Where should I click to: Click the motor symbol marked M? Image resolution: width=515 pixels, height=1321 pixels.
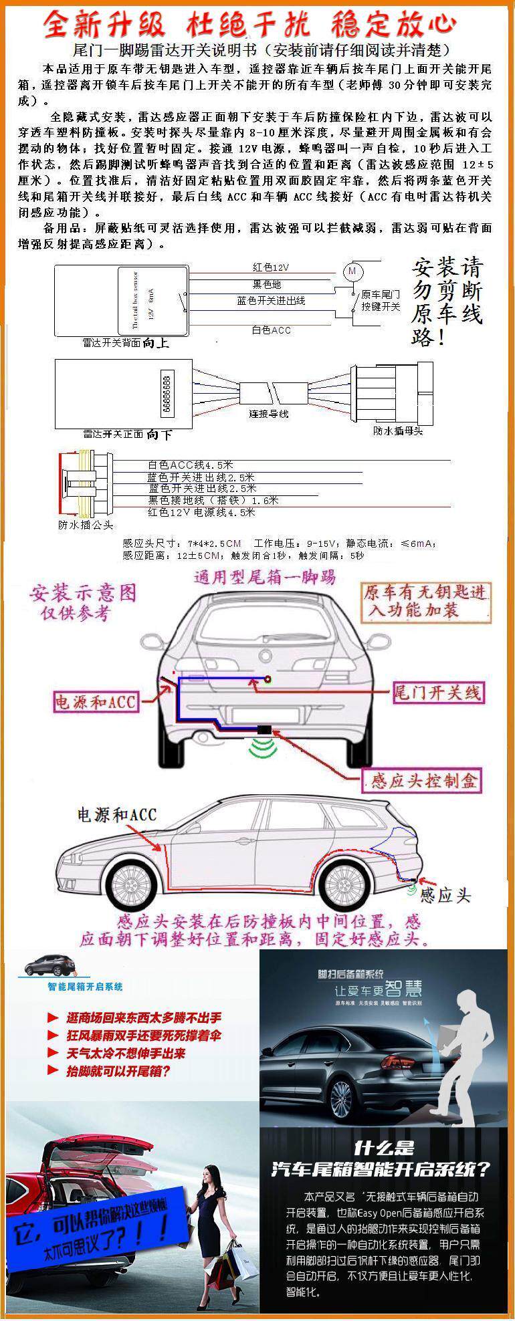[352, 271]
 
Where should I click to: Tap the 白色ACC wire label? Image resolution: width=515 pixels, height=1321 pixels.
[271, 330]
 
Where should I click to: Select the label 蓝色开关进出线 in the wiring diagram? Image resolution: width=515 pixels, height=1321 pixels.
[271, 300]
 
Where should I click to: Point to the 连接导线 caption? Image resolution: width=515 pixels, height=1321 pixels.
[269, 414]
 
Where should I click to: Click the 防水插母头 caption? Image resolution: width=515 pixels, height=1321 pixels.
[398, 431]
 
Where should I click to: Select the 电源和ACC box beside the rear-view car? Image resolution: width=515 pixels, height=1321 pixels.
[96, 701]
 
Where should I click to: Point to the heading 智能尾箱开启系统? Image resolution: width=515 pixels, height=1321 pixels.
[85, 987]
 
